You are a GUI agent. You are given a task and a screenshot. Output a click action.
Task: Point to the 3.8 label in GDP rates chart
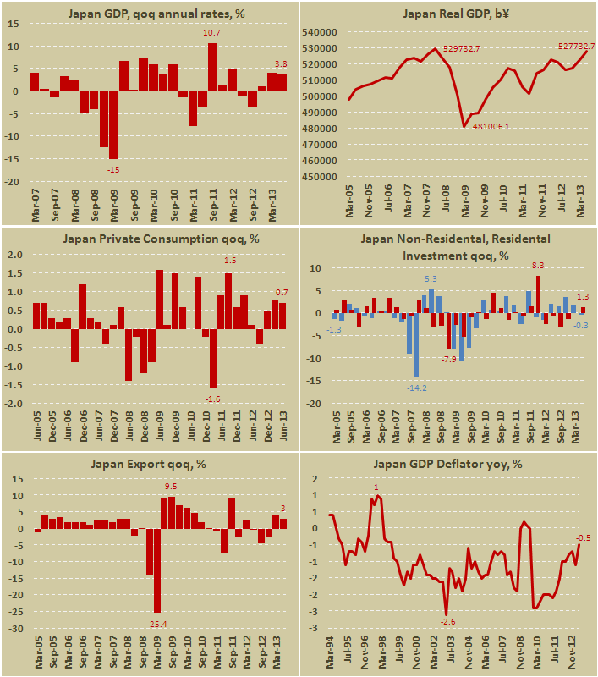(283, 63)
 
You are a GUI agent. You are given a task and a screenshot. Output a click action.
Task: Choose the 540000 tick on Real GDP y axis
(316, 32)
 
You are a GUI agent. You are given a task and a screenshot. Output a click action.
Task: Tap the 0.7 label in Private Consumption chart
(283, 292)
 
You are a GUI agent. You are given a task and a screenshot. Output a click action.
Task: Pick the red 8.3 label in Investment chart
(538, 266)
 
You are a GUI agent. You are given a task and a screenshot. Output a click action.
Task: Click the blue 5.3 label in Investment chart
(431, 279)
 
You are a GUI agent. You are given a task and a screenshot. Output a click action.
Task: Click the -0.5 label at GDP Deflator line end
(584, 537)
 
